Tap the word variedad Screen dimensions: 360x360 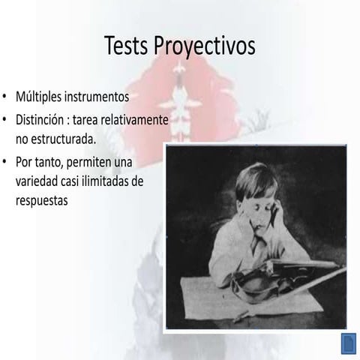pos(38,181)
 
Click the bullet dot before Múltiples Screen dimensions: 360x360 pos(5,98)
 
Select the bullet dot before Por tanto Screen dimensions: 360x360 pos(5,162)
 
